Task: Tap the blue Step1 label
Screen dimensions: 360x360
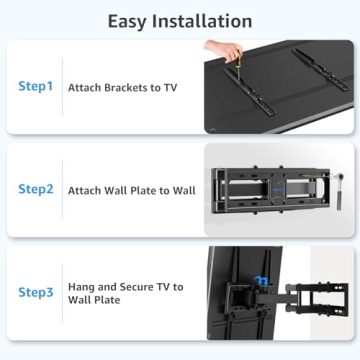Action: pyautogui.click(x=36, y=86)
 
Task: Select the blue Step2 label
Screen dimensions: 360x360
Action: pyautogui.click(x=36, y=188)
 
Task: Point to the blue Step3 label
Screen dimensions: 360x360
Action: pyautogui.click(x=36, y=292)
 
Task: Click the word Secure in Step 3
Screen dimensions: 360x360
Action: pyautogui.click(x=133, y=286)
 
